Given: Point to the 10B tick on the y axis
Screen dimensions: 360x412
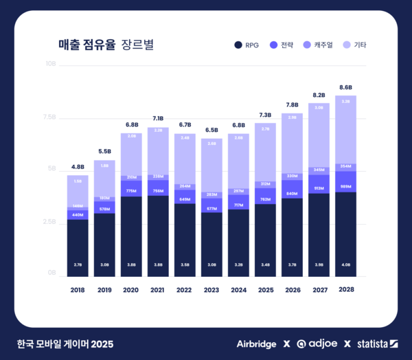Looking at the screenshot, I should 51,64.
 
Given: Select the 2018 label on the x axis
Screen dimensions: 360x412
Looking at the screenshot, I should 78,290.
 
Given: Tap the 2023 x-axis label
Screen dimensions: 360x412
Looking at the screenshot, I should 211,290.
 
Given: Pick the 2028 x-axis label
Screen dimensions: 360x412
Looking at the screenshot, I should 345,290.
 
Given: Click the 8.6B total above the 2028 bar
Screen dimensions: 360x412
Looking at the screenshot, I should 345,87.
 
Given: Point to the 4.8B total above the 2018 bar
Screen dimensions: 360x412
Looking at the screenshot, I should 78,167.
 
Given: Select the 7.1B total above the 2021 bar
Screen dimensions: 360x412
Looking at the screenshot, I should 158,119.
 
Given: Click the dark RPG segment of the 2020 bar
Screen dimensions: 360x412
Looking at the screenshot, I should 131,234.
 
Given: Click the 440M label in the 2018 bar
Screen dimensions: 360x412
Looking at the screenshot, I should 78,215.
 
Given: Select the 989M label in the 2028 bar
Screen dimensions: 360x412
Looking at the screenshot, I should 345,186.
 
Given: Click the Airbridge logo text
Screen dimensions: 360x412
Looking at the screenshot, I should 256,344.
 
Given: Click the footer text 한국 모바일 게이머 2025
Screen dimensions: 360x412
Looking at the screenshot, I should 65,344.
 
